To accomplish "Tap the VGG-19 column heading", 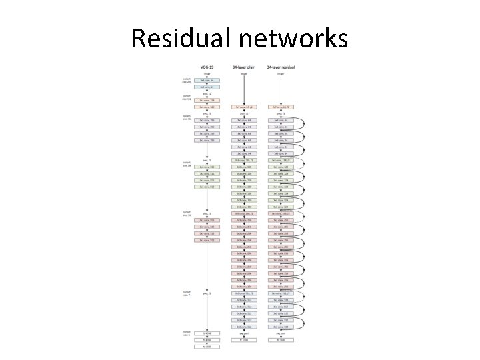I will pos(207,67).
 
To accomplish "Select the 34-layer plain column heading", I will pos(243,67).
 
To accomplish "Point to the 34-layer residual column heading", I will pos(281,67).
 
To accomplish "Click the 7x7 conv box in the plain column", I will pos(243,107).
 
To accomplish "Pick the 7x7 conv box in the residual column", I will pos(281,107).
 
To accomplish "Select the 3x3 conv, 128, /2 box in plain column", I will pos(243,160).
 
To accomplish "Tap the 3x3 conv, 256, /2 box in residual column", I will pos(281,213).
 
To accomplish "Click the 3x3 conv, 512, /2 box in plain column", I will pos(243,293).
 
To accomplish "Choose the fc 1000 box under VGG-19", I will pos(207,347).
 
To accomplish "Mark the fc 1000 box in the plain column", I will pos(243,340).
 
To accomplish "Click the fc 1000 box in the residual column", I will pos(281,340).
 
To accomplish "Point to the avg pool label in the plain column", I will pos(243,333).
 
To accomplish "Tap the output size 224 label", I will pos(187,80).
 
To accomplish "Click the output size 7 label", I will pos(187,293).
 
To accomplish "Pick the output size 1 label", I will pos(187,333).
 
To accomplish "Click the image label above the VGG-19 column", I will pos(207,74).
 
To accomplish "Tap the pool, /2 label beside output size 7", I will pos(207,293).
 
